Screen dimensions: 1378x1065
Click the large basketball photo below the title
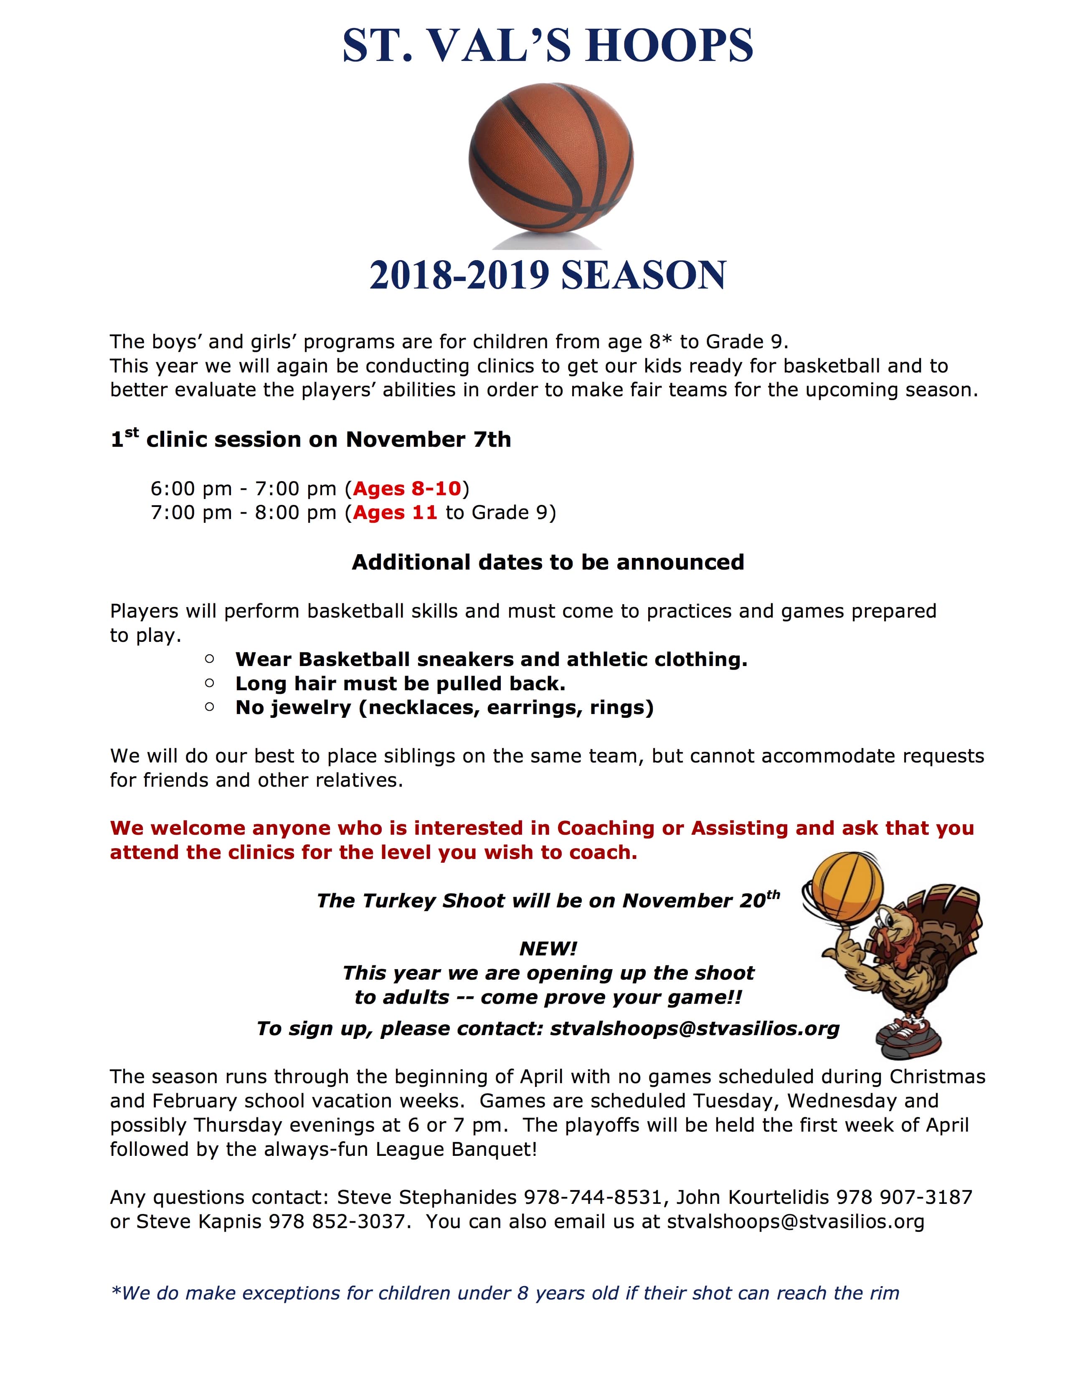click(551, 164)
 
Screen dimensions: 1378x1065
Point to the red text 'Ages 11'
click(395, 512)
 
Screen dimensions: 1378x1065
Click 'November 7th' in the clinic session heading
click(429, 439)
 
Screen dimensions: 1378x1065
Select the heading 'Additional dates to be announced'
click(548, 562)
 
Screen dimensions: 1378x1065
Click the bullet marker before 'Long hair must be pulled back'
click(210, 683)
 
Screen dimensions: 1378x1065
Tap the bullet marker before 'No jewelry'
click(210, 707)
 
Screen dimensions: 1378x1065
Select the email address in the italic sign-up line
click(695, 1028)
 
